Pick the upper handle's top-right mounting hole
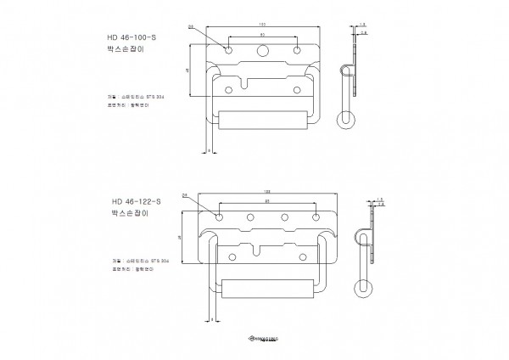(296, 51)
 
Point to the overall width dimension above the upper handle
(262, 20)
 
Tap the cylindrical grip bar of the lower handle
(266, 286)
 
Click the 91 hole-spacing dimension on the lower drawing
(266, 202)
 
